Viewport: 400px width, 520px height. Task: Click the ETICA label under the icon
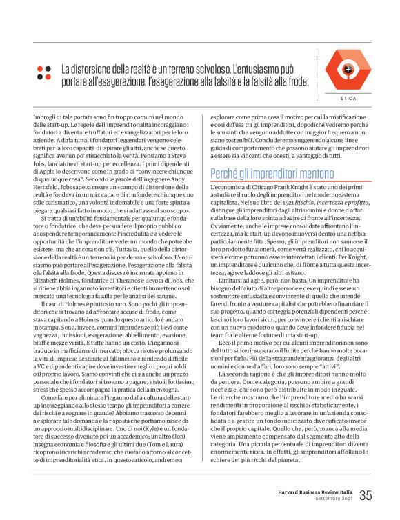349,99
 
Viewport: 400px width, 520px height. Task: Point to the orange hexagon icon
348,70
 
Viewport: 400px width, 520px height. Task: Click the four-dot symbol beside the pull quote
44,72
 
